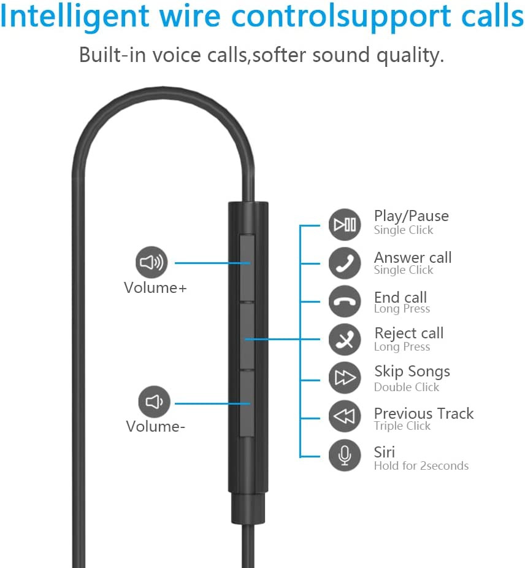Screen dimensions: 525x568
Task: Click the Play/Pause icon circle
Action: [x=345, y=225]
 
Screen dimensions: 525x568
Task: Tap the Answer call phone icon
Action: [x=345, y=263]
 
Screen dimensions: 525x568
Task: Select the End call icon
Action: [x=345, y=302]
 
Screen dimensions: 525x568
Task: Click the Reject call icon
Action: [x=345, y=340]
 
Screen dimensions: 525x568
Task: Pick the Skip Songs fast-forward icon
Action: [x=345, y=378]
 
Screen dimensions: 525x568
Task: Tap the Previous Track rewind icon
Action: [x=345, y=416]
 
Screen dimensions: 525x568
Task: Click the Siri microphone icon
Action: [x=345, y=456]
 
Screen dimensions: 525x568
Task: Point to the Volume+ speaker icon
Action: [x=151, y=262]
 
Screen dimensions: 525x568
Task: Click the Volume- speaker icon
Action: [x=154, y=402]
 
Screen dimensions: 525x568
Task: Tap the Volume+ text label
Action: [x=155, y=288]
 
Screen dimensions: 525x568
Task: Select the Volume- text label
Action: [x=156, y=426]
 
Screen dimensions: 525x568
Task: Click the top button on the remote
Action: [x=247, y=268]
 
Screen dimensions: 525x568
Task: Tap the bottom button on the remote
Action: [x=247, y=403]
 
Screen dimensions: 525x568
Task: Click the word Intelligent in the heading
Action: [x=75, y=17]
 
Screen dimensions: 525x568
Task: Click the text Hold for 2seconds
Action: [x=421, y=465]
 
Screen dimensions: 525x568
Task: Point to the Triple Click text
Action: [x=402, y=426]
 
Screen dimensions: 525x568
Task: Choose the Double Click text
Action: [x=407, y=387]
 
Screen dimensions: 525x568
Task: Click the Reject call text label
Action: [x=409, y=333]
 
